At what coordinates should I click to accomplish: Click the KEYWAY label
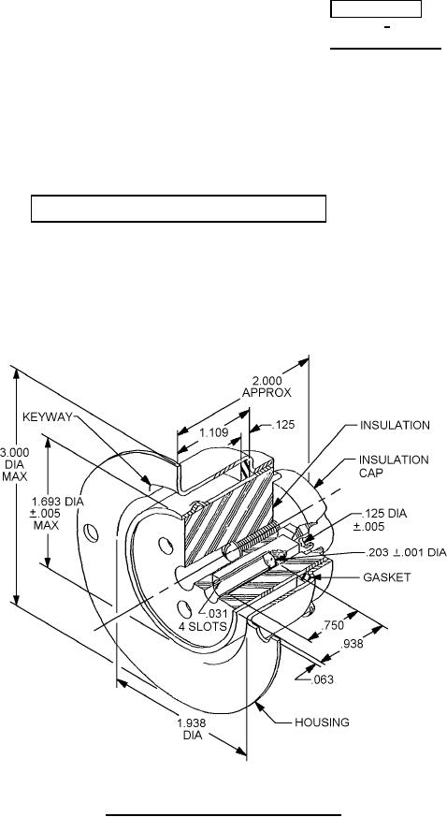click(48, 416)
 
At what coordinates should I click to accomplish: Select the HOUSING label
click(322, 722)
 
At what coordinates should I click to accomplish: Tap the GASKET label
click(386, 576)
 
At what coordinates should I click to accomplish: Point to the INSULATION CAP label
click(394, 466)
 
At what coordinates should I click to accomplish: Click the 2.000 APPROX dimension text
click(267, 387)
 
